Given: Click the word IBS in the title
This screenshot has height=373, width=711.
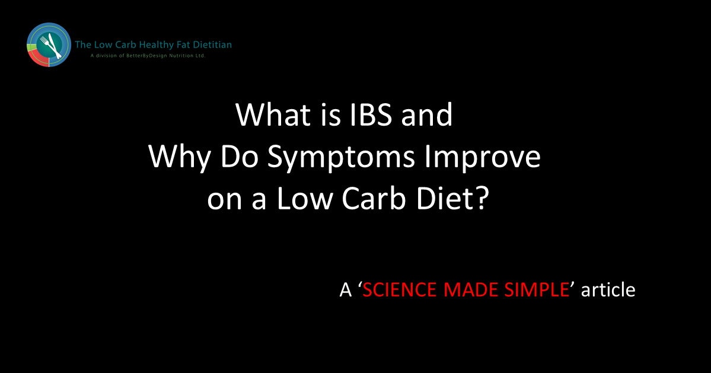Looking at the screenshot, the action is (371, 114).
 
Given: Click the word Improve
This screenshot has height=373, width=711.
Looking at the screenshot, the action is (483, 158).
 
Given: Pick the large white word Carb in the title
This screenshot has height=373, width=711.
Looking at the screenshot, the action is (374, 199).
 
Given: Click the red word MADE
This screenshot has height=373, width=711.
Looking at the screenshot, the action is (471, 289).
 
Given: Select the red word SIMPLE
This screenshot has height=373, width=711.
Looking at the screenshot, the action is (537, 289).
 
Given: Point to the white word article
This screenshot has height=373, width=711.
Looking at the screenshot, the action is (608, 289).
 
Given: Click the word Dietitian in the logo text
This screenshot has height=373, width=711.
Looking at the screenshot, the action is (213, 44).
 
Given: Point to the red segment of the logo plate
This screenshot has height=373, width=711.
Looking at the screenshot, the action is (37, 59).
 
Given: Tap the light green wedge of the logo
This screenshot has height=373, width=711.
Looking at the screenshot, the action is (31, 47).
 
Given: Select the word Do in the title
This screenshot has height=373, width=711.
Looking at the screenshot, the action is (239, 158).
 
